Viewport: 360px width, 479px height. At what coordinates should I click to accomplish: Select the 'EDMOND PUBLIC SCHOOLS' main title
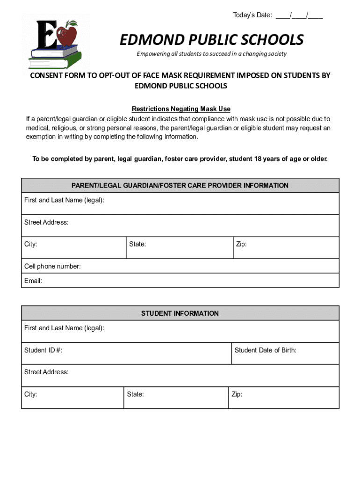coord(212,40)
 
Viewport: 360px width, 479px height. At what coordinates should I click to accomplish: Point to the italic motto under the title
coord(211,54)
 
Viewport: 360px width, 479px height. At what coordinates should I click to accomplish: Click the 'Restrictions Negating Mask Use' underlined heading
coord(181,109)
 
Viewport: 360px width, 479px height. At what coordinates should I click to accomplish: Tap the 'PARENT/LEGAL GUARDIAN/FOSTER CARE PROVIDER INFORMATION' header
coord(180,186)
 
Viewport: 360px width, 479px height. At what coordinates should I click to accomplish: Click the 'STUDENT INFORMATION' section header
coord(180,313)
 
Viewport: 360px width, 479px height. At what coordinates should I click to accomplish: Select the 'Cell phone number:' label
coord(52,267)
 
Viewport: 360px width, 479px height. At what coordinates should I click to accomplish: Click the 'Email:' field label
coord(33,281)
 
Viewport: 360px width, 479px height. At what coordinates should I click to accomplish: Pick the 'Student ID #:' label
coord(43,350)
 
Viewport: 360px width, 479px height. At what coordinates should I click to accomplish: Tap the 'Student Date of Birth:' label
coord(265,350)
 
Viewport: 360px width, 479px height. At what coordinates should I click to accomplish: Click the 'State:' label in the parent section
coord(137,244)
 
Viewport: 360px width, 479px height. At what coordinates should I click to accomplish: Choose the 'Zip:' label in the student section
coord(237,394)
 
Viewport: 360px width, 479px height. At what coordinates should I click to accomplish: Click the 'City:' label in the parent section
coord(31,244)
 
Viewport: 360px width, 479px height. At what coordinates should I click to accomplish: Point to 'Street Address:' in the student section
coord(46,372)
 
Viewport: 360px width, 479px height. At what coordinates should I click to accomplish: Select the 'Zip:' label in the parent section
coord(241,244)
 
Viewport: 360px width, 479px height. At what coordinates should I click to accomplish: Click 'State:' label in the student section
coord(135,394)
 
